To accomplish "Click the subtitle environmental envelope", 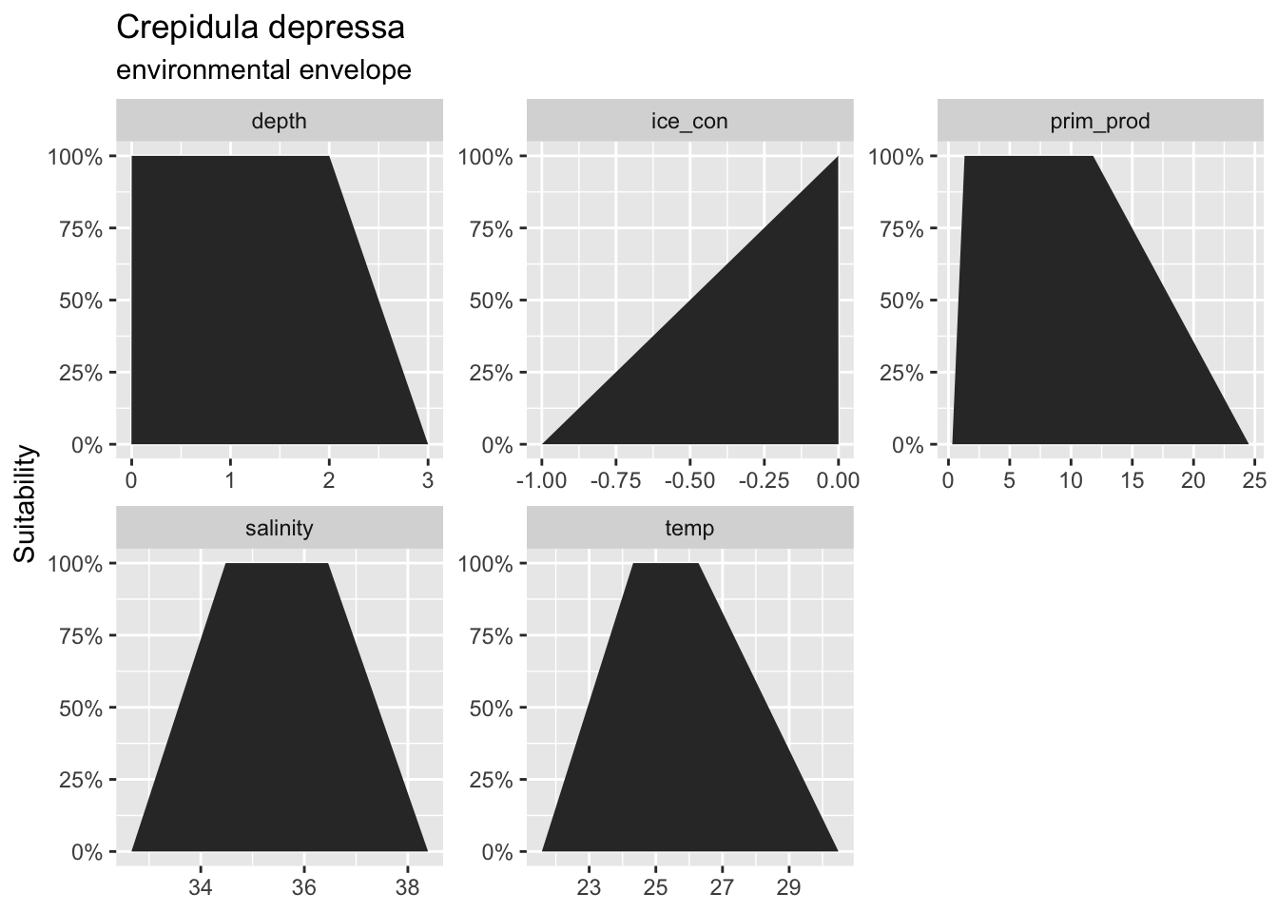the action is point(263,70).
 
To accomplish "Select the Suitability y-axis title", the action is point(26,504).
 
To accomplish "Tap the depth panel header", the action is point(279,121).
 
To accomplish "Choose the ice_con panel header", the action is point(689,121).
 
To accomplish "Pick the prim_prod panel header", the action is point(1100,121).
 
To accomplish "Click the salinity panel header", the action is point(279,528).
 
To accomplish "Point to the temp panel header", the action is point(689,528).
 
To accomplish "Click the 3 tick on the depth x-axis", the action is point(428,480).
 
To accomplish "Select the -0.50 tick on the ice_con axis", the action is point(689,480).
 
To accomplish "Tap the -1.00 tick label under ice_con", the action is point(541,480).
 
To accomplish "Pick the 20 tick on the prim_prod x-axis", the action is point(1193,480).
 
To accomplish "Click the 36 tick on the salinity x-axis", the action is point(304,887).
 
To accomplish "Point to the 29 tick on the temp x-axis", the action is point(789,887).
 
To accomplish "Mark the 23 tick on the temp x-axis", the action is point(590,887).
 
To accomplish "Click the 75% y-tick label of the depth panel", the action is point(81,229).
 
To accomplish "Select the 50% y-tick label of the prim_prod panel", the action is point(901,301).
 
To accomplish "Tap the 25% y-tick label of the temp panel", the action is point(492,780).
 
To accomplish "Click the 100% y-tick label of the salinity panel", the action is point(75,564).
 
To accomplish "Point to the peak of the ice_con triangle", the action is point(838,157).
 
